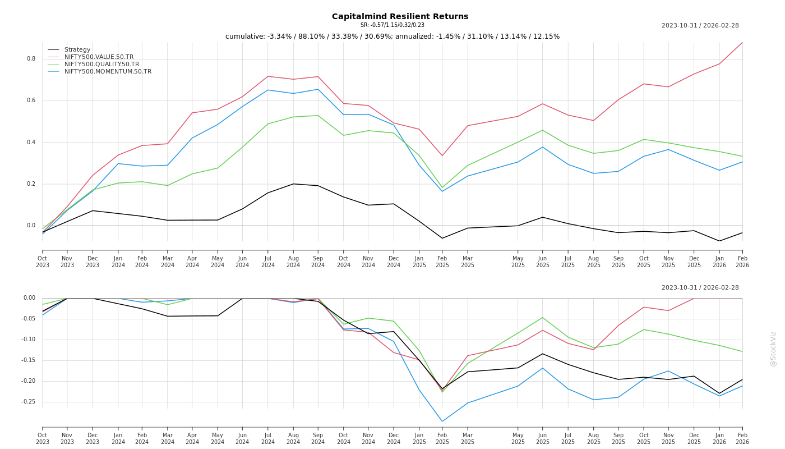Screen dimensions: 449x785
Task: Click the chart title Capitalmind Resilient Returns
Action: (x=400, y=16)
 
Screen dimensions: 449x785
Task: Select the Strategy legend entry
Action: (x=77, y=49)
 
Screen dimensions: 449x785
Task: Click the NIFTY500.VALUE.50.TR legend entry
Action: (x=99, y=57)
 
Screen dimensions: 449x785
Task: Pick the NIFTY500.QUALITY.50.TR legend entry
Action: (x=101, y=64)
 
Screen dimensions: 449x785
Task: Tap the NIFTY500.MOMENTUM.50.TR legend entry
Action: (x=108, y=71)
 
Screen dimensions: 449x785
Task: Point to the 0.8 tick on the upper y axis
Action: (x=31, y=59)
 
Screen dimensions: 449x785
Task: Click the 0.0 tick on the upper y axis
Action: (x=31, y=226)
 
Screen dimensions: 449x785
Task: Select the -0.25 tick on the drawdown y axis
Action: (x=28, y=402)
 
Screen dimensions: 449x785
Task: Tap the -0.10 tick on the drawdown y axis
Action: (x=28, y=340)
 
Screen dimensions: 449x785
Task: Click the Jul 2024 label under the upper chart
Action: (x=268, y=262)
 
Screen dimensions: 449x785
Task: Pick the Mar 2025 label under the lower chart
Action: (x=468, y=438)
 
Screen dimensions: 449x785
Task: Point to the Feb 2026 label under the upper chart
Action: (x=742, y=262)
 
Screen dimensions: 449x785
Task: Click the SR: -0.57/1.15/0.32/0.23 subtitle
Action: (x=392, y=25)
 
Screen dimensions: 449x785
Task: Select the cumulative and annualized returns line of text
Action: (x=392, y=36)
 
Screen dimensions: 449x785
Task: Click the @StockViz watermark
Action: (x=773, y=349)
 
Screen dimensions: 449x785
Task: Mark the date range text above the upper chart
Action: (x=700, y=25)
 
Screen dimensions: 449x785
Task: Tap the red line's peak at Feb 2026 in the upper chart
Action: (x=742, y=43)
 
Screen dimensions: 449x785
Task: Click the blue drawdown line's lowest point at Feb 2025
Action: (x=442, y=421)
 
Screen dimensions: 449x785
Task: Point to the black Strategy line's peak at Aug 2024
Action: (x=293, y=184)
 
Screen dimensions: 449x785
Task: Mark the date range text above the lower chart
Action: (x=700, y=287)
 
